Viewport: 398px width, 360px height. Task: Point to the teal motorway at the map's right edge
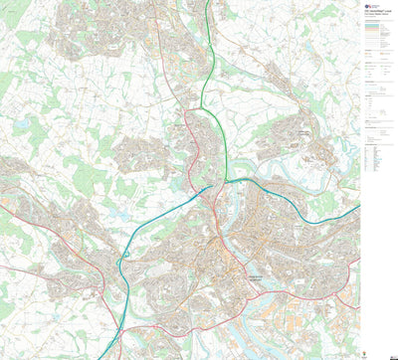pyautogui.click(x=357, y=208)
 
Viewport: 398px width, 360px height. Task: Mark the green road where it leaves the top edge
pyautogui.click(x=207, y=3)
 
